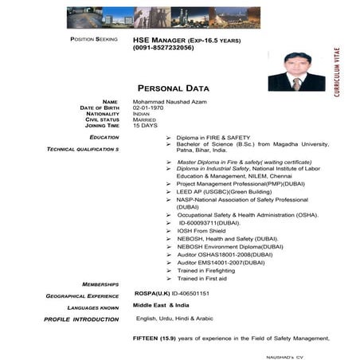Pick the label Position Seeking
tap(94, 39)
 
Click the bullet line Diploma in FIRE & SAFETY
tap(213, 137)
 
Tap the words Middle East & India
tap(160, 305)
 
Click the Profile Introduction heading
tap(81, 319)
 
